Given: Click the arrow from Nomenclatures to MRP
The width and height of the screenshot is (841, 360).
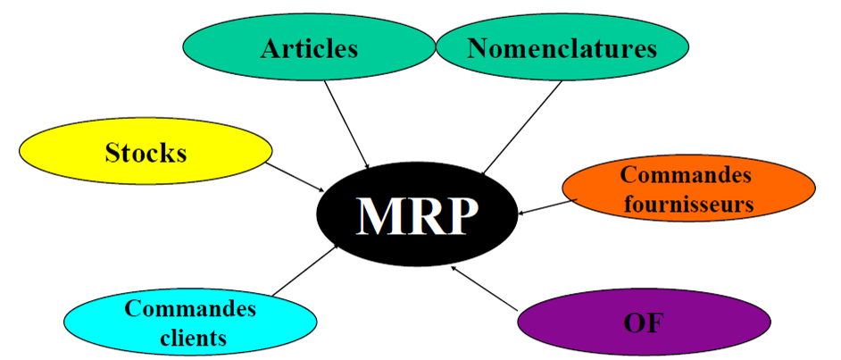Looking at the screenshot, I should pos(522,126).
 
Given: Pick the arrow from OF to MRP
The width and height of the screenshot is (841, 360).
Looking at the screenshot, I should pos(486,287).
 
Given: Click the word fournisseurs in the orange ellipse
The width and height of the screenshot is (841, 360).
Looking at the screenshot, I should pos(688,204).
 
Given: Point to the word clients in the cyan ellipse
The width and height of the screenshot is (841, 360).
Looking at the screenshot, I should pos(190,339).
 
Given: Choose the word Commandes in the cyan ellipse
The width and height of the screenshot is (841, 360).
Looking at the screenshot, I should pos(190,309).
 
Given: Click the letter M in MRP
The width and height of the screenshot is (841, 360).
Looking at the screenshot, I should pos(376,215).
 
